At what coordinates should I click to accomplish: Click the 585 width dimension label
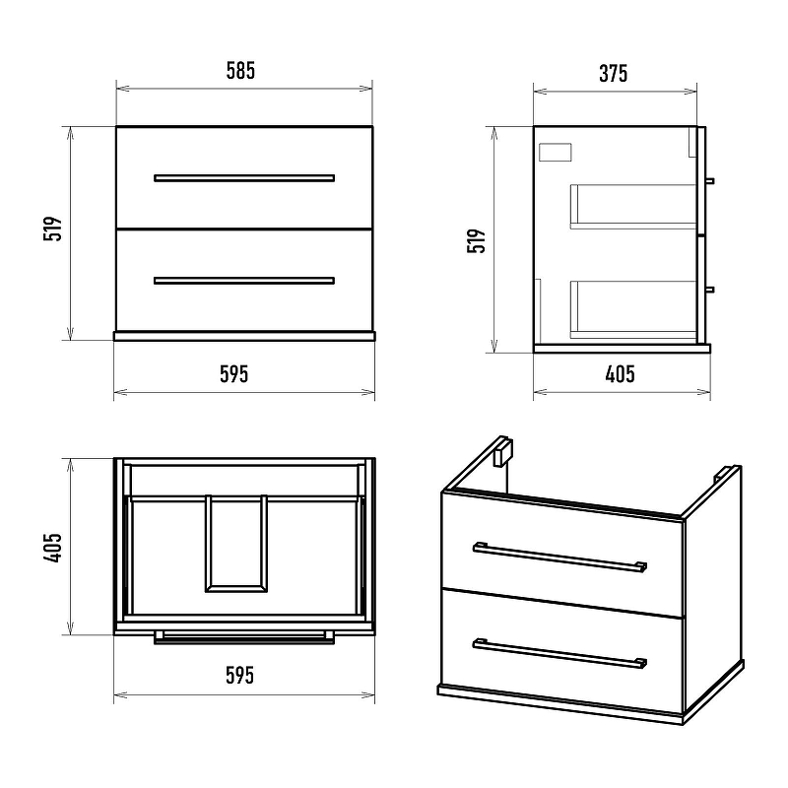(x=240, y=71)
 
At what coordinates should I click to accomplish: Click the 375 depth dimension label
(x=613, y=73)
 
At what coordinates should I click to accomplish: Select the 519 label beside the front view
(x=53, y=229)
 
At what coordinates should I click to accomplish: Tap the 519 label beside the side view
(x=477, y=240)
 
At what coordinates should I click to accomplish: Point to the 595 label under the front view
(x=234, y=374)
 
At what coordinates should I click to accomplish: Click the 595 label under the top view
(x=239, y=676)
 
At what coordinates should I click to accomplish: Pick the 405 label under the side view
(x=621, y=374)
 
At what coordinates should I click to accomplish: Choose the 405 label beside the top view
(x=52, y=548)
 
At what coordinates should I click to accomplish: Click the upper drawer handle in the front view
(x=244, y=178)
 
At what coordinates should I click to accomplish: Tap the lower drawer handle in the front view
(x=244, y=281)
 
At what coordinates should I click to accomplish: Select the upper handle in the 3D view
(x=559, y=557)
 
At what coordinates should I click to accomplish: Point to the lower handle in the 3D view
(x=559, y=653)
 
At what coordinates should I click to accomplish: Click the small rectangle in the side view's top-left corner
(x=556, y=153)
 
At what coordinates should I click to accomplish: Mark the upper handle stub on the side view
(x=710, y=181)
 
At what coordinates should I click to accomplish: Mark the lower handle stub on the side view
(x=710, y=290)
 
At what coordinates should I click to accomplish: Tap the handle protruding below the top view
(x=244, y=638)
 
